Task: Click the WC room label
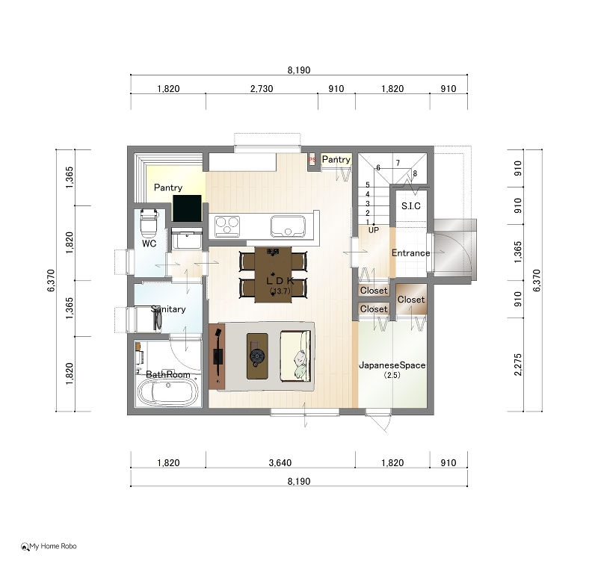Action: (149, 244)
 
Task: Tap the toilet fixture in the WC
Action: (149, 223)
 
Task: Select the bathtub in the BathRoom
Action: (167, 391)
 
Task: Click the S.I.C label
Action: (410, 206)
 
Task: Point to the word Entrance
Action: (410, 253)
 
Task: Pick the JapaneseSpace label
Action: (392, 365)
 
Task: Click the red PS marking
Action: (312, 160)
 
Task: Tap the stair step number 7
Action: (398, 163)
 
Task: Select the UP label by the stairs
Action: (373, 230)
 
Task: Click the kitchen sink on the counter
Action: (288, 226)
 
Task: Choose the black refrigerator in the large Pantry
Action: (187, 208)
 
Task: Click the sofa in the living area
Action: (295, 356)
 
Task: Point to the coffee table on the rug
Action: (257, 356)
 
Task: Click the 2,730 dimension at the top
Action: (262, 89)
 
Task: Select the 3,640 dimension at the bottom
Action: (280, 463)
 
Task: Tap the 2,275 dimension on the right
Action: (517, 365)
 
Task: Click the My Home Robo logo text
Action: (53, 546)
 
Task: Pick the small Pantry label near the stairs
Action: (336, 160)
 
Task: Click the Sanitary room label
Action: (168, 309)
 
